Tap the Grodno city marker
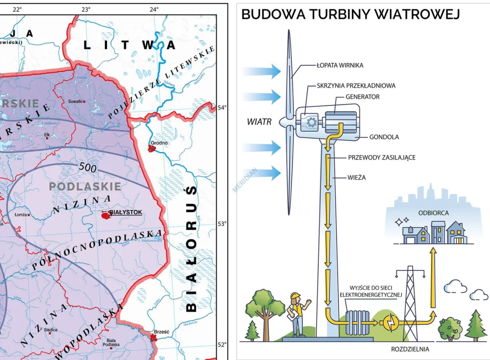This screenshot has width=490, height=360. [x=152, y=148]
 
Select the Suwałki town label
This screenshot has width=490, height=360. [x=75, y=101]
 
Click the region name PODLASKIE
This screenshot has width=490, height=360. [x=85, y=187]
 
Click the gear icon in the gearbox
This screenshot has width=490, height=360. [x=311, y=123]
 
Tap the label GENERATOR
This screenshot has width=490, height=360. [x=363, y=97]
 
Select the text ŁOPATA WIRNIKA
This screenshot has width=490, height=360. [x=340, y=65]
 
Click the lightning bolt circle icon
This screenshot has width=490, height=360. [x=391, y=322]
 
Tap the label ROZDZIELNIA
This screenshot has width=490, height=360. [x=410, y=349]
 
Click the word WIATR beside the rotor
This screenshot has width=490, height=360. [x=259, y=122]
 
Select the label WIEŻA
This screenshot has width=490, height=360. [x=357, y=178]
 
